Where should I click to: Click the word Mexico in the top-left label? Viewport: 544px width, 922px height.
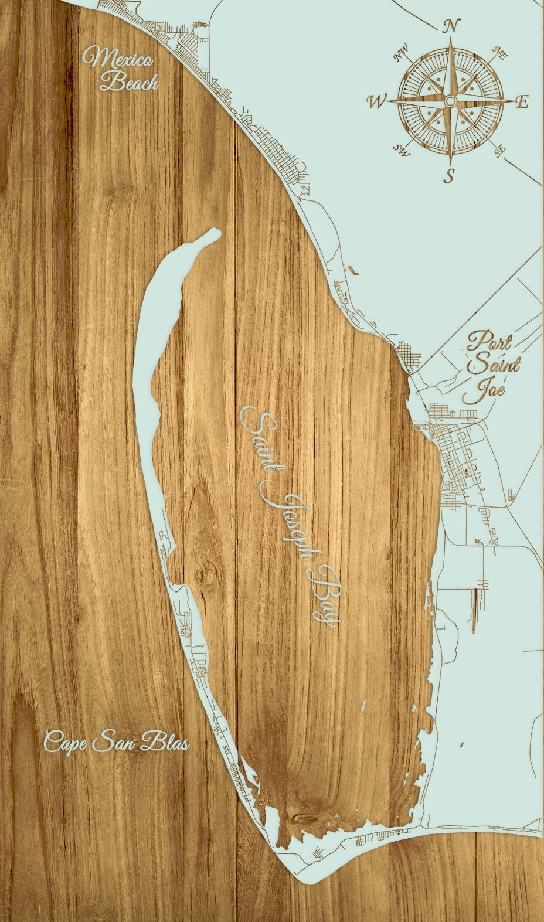click(x=118, y=60)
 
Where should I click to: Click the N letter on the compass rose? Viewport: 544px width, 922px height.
click(x=451, y=26)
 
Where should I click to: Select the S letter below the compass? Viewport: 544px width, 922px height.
click(x=450, y=175)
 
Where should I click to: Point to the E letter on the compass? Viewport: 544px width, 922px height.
click(x=522, y=102)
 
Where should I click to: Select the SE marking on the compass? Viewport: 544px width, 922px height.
click(x=499, y=151)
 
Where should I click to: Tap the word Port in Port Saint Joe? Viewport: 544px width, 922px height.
click(x=489, y=342)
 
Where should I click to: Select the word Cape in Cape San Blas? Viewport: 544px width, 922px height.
click(x=64, y=742)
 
